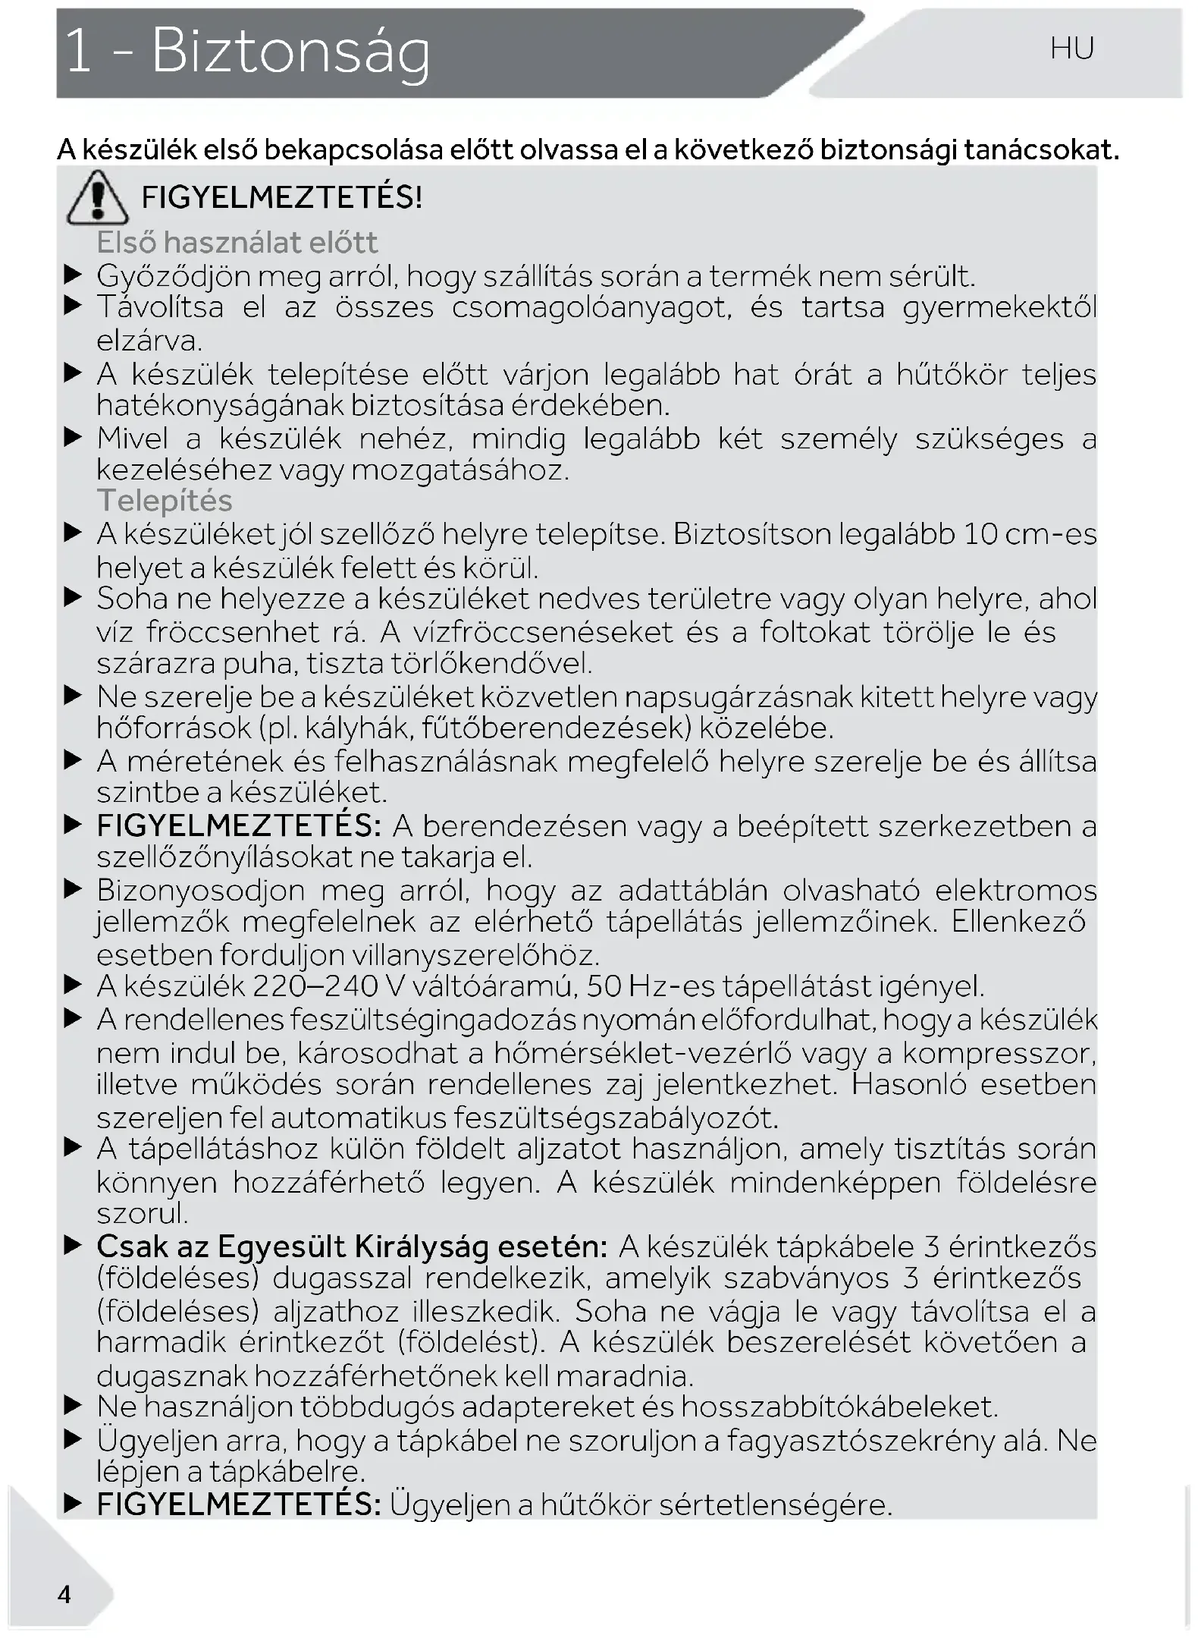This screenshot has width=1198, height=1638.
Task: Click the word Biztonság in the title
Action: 290,53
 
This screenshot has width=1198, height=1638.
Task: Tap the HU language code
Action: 1072,49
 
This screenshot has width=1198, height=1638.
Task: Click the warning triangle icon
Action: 96,200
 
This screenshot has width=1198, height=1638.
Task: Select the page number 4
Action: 64,1594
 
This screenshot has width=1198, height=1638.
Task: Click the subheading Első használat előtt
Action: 237,243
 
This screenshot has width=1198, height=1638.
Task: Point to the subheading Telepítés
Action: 165,501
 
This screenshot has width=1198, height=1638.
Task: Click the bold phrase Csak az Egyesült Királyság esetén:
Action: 352,1247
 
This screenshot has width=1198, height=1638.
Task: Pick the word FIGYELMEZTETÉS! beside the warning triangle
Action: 282,198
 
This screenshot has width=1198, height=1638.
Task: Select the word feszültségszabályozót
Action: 616,1118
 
